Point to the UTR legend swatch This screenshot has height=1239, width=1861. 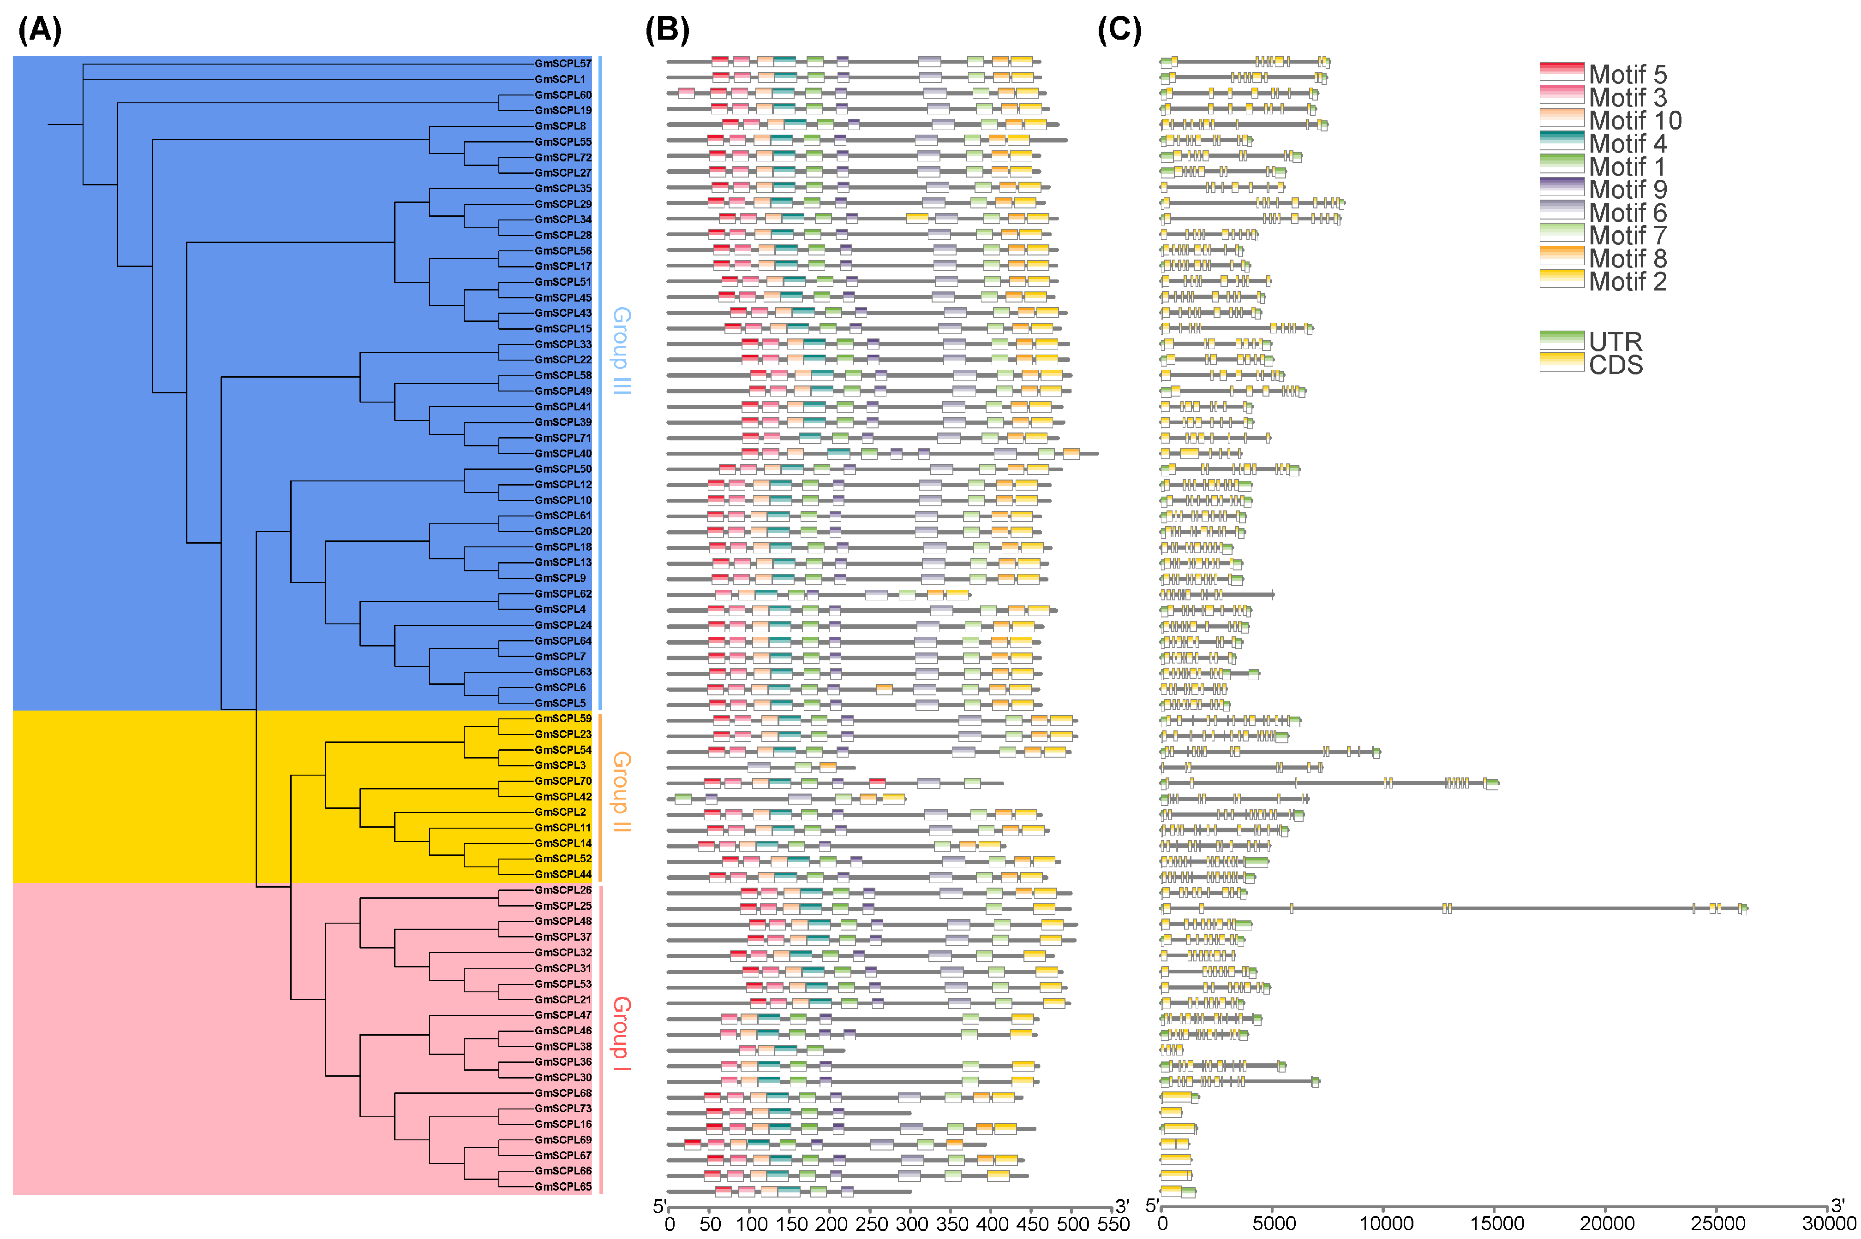(x=1562, y=341)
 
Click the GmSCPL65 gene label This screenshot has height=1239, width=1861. (x=562, y=1187)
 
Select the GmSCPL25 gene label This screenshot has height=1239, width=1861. (x=562, y=906)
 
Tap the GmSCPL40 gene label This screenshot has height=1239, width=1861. (x=562, y=454)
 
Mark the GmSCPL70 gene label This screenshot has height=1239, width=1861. (x=562, y=781)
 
